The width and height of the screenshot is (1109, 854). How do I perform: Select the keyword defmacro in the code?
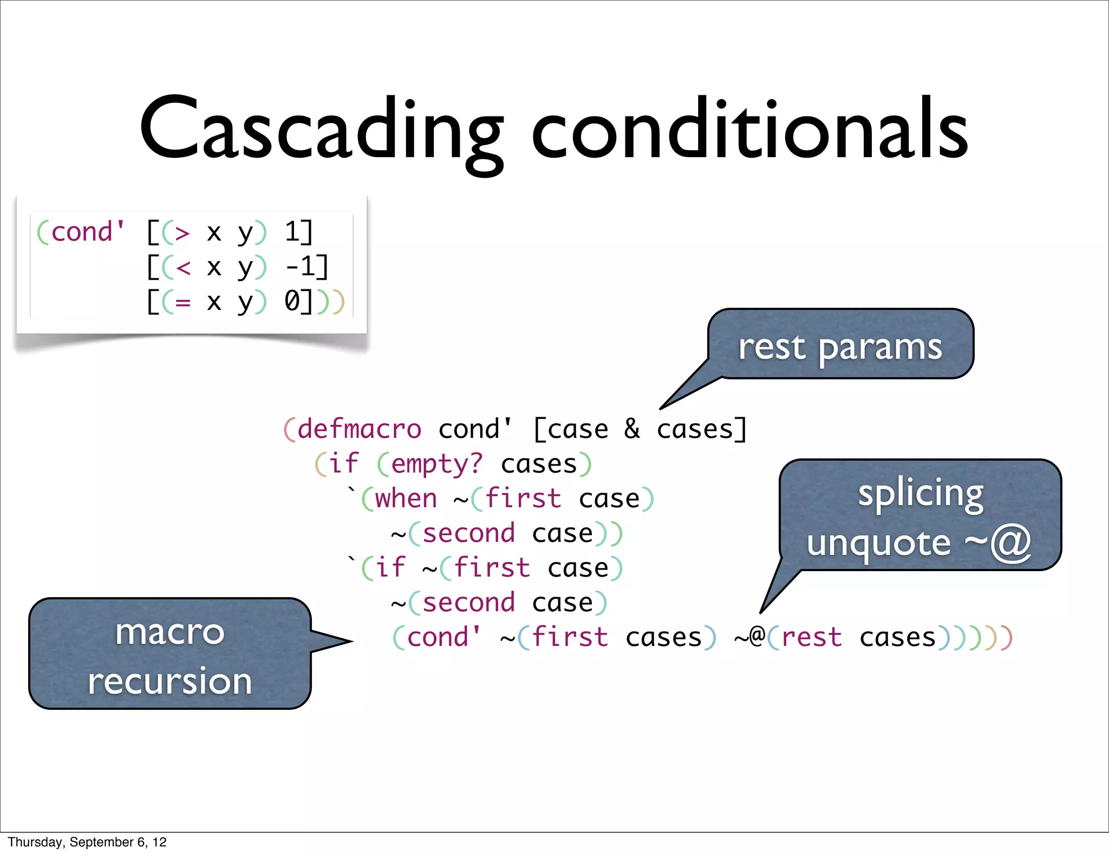point(359,429)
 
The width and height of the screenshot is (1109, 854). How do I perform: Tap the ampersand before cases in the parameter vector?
point(631,429)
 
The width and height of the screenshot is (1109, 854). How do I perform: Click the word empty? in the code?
point(436,464)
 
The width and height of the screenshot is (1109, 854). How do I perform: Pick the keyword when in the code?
point(406,499)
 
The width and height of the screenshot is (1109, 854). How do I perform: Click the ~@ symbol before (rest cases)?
point(749,637)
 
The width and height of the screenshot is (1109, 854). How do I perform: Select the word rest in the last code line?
point(812,637)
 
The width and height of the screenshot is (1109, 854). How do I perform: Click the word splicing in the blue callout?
point(920,494)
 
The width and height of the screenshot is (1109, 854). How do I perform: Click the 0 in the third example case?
point(292,301)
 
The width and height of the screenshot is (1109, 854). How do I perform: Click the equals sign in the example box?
point(182,302)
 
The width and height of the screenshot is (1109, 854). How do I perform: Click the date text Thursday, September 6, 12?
point(87,842)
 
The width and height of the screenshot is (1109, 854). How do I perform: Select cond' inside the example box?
point(87,232)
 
